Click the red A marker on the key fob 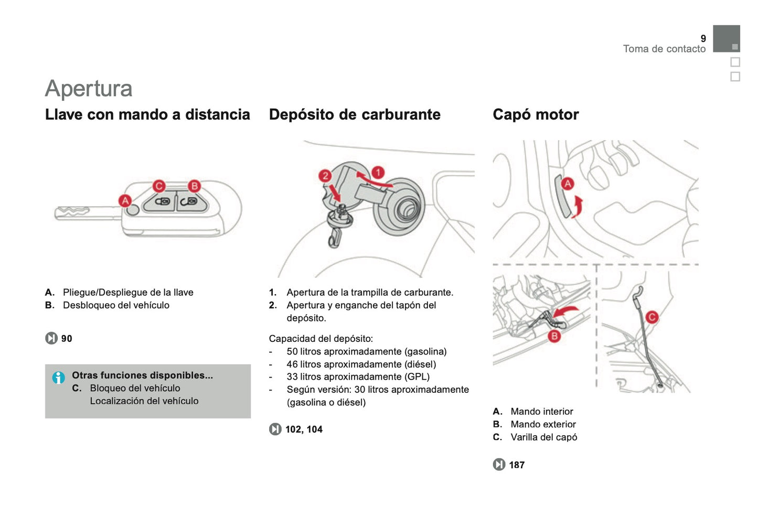pyautogui.click(x=125, y=200)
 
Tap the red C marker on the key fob pyautogui.click(x=159, y=186)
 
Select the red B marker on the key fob pyautogui.click(x=194, y=186)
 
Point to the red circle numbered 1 pyautogui.click(x=378, y=172)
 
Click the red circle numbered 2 pyautogui.click(x=325, y=176)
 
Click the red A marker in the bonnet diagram pyautogui.click(x=568, y=184)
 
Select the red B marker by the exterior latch pyautogui.click(x=554, y=336)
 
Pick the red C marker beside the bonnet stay pyautogui.click(x=652, y=317)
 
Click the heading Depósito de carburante pyautogui.click(x=355, y=114)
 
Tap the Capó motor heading pyautogui.click(x=536, y=114)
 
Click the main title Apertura pyautogui.click(x=89, y=88)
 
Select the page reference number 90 pyautogui.click(x=67, y=339)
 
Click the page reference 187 pyautogui.click(x=517, y=465)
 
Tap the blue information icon pyautogui.click(x=58, y=377)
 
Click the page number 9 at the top pyautogui.click(x=703, y=38)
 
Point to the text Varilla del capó pyautogui.click(x=543, y=437)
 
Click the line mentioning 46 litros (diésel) pyautogui.click(x=361, y=364)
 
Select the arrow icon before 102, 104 pyautogui.click(x=275, y=429)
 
